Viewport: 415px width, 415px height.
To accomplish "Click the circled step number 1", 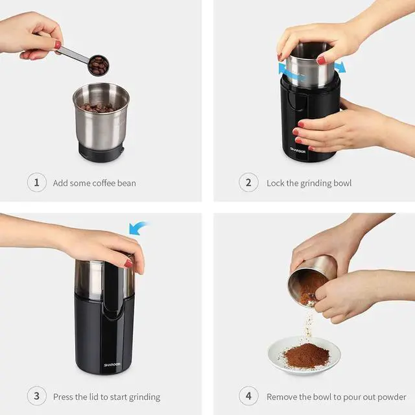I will tap(36, 183).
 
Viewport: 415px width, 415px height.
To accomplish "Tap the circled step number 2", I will tap(248, 183).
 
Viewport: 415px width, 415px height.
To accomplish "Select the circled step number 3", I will tap(36, 396).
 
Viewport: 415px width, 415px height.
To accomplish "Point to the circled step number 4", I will tap(248, 396).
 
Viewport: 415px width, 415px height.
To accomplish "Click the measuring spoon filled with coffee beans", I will tap(98, 65).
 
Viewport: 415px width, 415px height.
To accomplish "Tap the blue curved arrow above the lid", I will tap(138, 228).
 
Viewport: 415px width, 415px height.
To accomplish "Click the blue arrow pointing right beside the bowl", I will tap(339, 67).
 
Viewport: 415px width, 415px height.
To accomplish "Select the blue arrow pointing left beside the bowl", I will tap(283, 69).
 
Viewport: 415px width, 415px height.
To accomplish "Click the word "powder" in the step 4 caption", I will tap(390, 397).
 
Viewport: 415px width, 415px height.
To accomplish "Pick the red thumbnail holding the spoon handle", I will tap(58, 45).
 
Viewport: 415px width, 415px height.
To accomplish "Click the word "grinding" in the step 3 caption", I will tap(144, 397).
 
